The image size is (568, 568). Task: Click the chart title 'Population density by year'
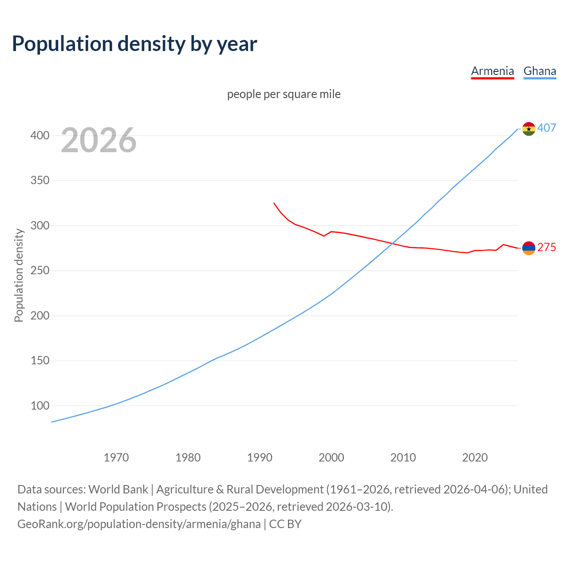tap(134, 43)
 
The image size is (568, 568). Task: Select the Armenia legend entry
tap(492, 71)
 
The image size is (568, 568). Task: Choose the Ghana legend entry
tap(540, 71)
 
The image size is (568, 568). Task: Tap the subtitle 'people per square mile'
tap(284, 94)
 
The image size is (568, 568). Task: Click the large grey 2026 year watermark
tap(99, 140)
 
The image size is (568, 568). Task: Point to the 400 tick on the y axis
tap(39, 135)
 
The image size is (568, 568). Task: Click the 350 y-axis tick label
tap(39, 181)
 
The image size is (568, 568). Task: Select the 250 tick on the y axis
tap(39, 271)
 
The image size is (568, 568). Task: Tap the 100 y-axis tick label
tap(39, 406)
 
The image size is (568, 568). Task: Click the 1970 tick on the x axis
tap(116, 458)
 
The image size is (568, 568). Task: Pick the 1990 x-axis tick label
tap(260, 458)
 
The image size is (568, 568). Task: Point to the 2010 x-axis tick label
tap(403, 458)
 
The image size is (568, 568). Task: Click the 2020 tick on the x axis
tap(475, 458)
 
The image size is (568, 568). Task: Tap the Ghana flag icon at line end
tap(529, 129)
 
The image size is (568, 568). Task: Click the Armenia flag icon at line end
tap(529, 248)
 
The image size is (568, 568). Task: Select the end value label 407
tap(547, 128)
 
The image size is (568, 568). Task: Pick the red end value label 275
tap(547, 248)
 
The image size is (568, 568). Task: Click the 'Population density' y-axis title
tap(19, 275)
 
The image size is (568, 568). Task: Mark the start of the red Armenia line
tap(274, 203)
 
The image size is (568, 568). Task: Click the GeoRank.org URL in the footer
tap(139, 524)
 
